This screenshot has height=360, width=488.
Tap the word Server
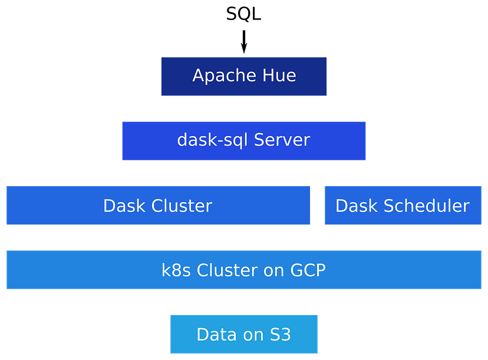click(x=282, y=140)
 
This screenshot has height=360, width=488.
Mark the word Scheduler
click(x=427, y=206)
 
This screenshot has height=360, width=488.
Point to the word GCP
click(x=308, y=270)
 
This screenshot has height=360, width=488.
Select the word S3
click(x=280, y=335)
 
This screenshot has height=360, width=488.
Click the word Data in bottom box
click(x=216, y=335)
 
